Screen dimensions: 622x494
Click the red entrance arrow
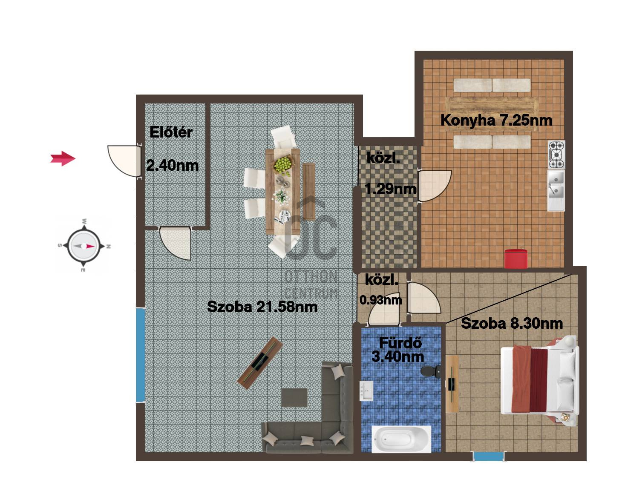[63, 158]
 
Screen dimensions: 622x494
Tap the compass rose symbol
[84, 246]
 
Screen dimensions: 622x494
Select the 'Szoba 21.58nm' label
[262, 307]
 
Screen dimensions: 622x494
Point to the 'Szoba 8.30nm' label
[512, 323]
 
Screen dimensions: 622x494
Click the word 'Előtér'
[171, 132]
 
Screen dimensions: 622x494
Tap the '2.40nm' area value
[172, 166]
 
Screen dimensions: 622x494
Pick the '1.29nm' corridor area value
[390, 189]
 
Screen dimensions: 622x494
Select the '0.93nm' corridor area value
[381, 300]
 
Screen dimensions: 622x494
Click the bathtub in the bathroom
[401, 439]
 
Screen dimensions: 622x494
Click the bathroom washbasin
[366, 391]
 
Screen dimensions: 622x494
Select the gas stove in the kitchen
[556, 155]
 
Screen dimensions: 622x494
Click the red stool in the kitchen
[515, 258]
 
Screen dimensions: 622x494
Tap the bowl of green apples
[283, 165]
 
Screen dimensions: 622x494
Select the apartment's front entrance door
[124, 161]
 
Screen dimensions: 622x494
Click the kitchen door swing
[435, 186]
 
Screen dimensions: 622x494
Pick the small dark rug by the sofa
[294, 397]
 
